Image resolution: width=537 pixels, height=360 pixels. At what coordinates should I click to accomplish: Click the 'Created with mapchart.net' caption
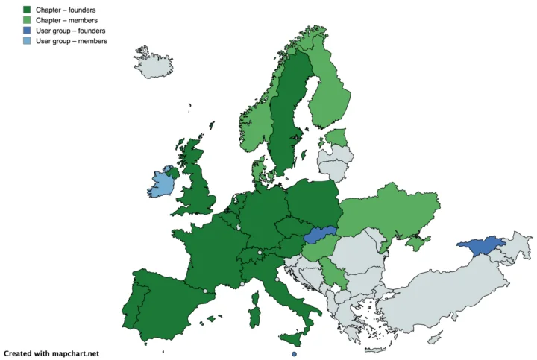pos(51,353)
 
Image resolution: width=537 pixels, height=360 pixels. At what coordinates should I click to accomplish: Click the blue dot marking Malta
pos(295,353)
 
